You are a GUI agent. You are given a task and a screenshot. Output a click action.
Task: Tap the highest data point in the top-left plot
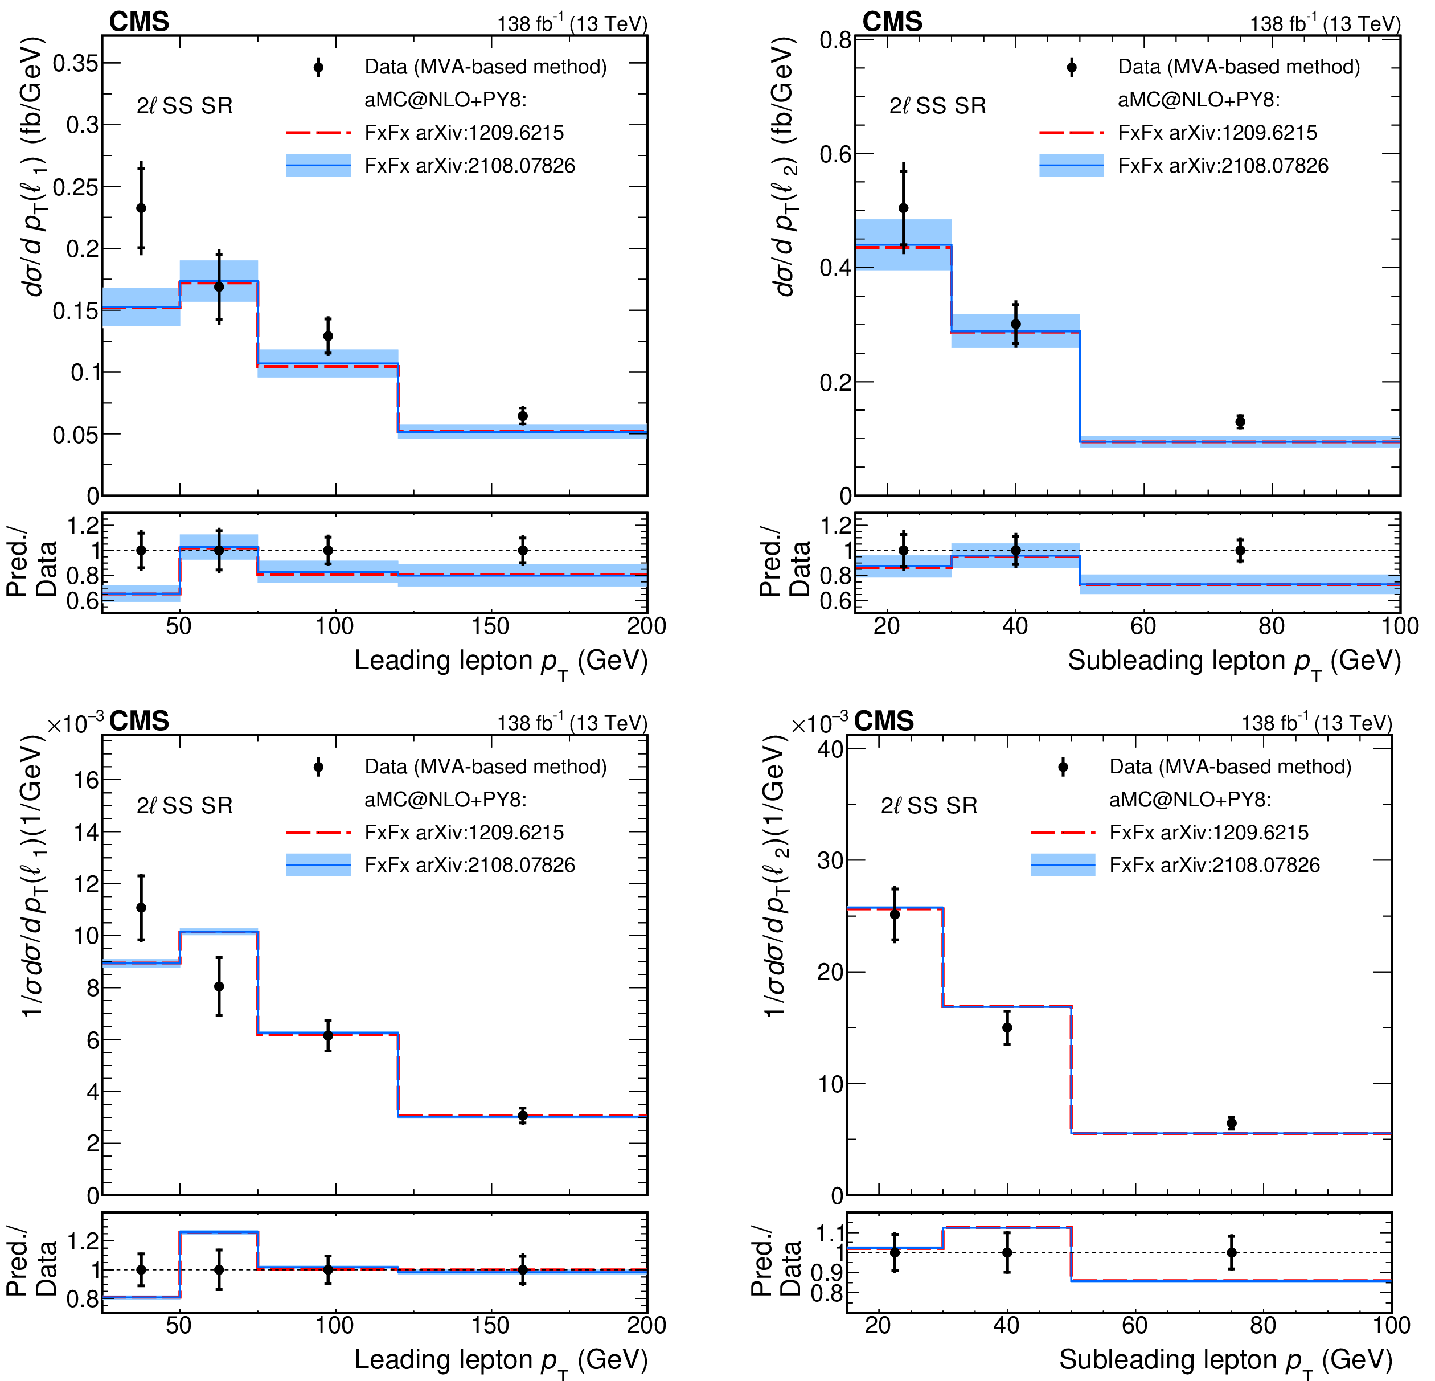click(x=141, y=208)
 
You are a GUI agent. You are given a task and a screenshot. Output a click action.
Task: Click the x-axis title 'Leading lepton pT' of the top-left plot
click(x=501, y=661)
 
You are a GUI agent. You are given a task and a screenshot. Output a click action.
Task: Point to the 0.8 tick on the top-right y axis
click(x=835, y=40)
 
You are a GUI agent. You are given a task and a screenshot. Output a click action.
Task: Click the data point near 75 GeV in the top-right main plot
click(x=1240, y=422)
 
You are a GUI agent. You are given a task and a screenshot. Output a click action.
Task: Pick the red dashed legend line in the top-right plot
click(x=1071, y=133)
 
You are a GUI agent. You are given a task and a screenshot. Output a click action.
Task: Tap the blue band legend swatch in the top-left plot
click(x=318, y=166)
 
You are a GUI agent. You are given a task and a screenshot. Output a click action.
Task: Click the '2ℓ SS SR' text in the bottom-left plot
click(x=184, y=805)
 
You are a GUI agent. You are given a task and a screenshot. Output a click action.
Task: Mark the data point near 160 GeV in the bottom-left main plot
click(x=523, y=1116)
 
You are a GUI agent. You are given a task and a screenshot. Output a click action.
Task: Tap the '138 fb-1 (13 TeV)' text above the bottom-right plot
click(x=1315, y=723)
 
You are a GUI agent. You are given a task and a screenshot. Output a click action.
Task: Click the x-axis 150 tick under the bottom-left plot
click(x=490, y=1325)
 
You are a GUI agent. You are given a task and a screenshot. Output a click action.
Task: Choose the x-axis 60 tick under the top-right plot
click(x=1143, y=626)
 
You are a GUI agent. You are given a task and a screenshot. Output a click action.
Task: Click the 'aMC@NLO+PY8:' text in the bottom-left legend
click(x=445, y=799)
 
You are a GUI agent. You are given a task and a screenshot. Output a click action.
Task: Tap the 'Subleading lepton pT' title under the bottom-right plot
click(x=1225, y=1360)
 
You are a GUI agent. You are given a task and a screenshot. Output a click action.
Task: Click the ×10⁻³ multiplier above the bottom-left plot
click(x=75, y=723)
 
